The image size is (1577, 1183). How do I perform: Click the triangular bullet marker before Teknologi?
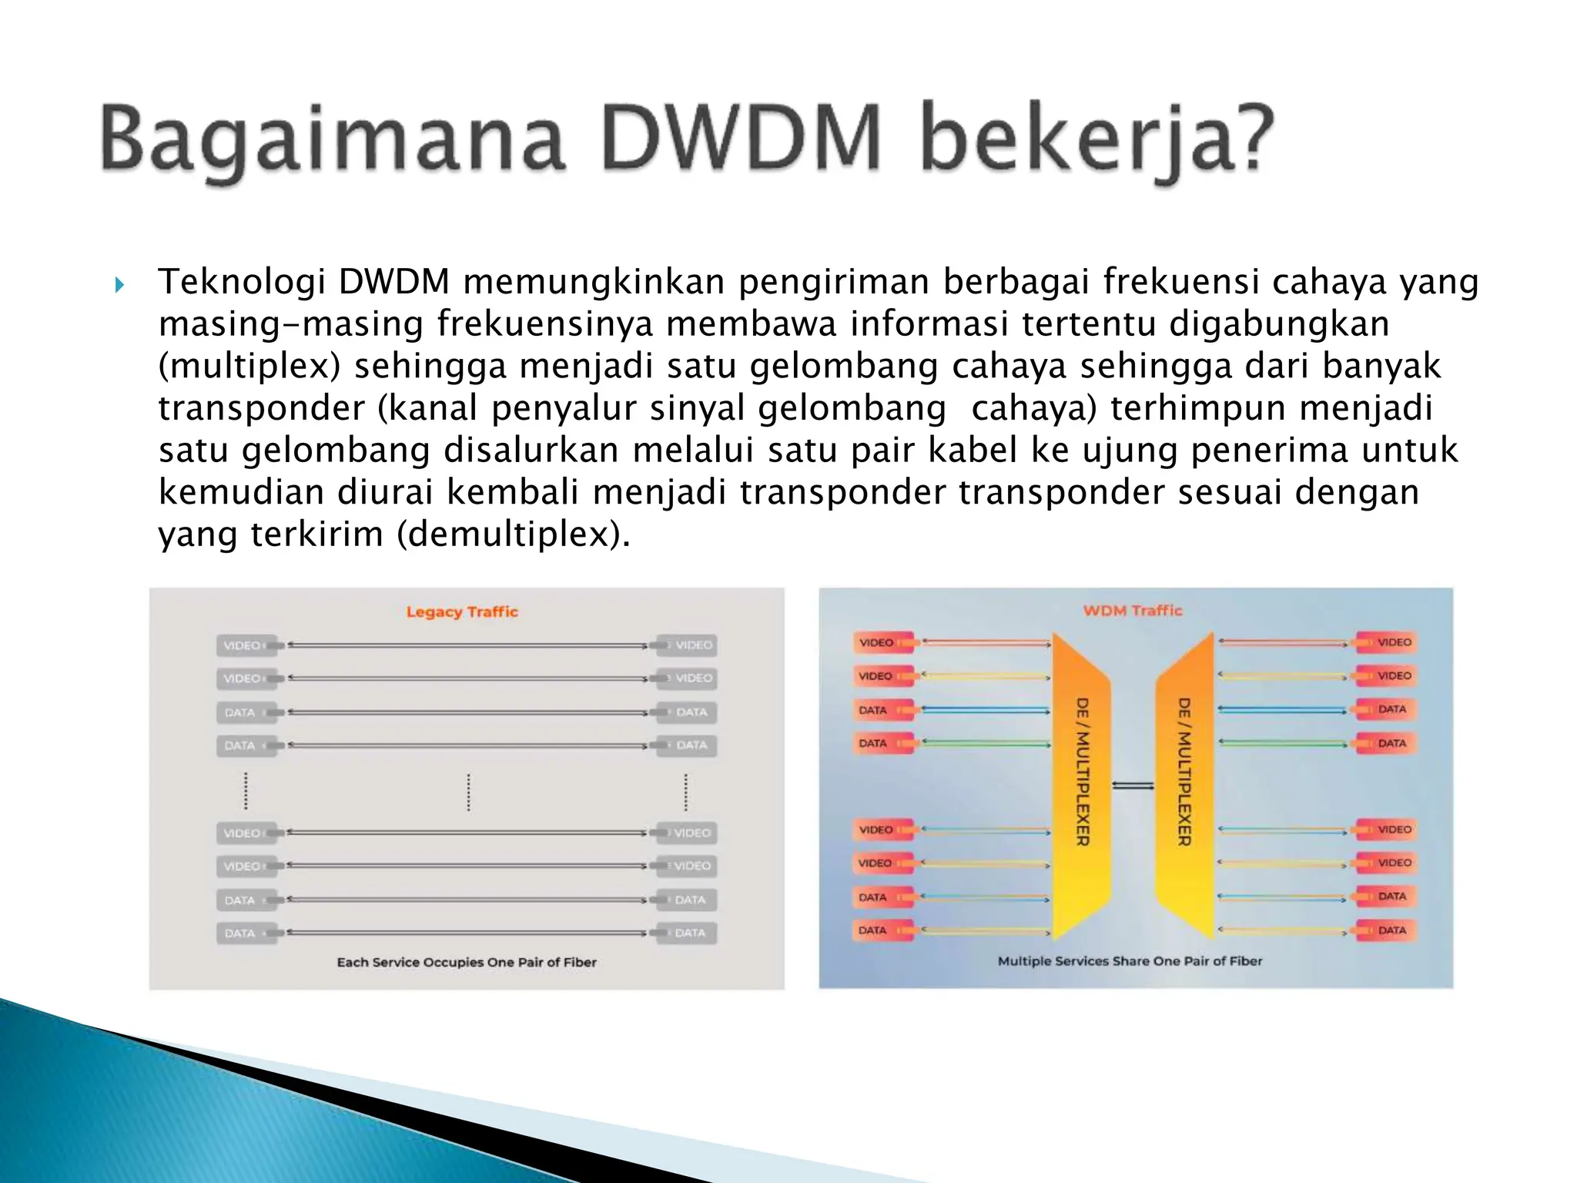coord(119,286)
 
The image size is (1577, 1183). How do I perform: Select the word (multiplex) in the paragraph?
coord(249,366)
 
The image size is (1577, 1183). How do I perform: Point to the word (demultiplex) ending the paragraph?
coord(513,534)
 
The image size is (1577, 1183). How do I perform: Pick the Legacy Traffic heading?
coord(462,612)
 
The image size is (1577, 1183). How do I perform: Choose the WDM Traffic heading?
coord(1132,611)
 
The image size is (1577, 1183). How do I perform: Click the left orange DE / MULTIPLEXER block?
coord(1081,786)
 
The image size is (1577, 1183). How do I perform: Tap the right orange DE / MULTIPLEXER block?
coord(1184,786)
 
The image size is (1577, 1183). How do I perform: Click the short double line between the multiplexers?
coord(1133,786)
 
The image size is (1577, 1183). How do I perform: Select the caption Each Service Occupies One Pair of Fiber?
coord(467,962)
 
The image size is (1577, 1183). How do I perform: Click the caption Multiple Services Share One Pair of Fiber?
coord(1130,961)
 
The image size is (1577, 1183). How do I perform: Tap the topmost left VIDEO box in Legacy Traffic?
coord(246,645)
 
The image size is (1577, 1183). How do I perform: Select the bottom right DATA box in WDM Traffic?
coord(1388,930)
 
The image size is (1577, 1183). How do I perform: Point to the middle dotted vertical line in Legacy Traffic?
coord(468,792)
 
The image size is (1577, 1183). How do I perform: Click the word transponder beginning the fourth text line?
coord(261,408)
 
